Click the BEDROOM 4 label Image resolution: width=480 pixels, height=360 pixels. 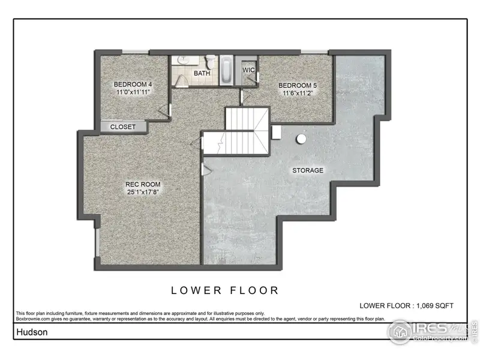(x=133, y=85)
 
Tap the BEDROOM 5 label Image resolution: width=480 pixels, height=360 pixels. (x=297, y=86)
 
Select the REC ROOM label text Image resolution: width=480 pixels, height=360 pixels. (x=142, y=184)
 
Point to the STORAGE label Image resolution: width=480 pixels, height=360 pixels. (x=308, y=170)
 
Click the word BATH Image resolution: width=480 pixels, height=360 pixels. (x=201, y=73)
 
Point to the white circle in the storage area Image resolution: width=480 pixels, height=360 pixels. (x=301, y=139)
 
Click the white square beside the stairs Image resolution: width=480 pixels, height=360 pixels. (x=277, y=132)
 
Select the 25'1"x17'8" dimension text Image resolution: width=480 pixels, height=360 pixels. (x=142, y=192)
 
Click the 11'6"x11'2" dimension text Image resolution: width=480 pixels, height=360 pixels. (x=297, y=94)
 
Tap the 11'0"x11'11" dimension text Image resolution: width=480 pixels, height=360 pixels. (x=133, y=93)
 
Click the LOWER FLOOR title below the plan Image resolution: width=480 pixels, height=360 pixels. (x=225, y=290)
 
